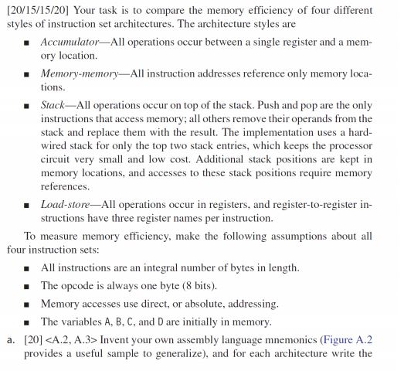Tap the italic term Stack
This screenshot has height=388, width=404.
click(x=53, y=104)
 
